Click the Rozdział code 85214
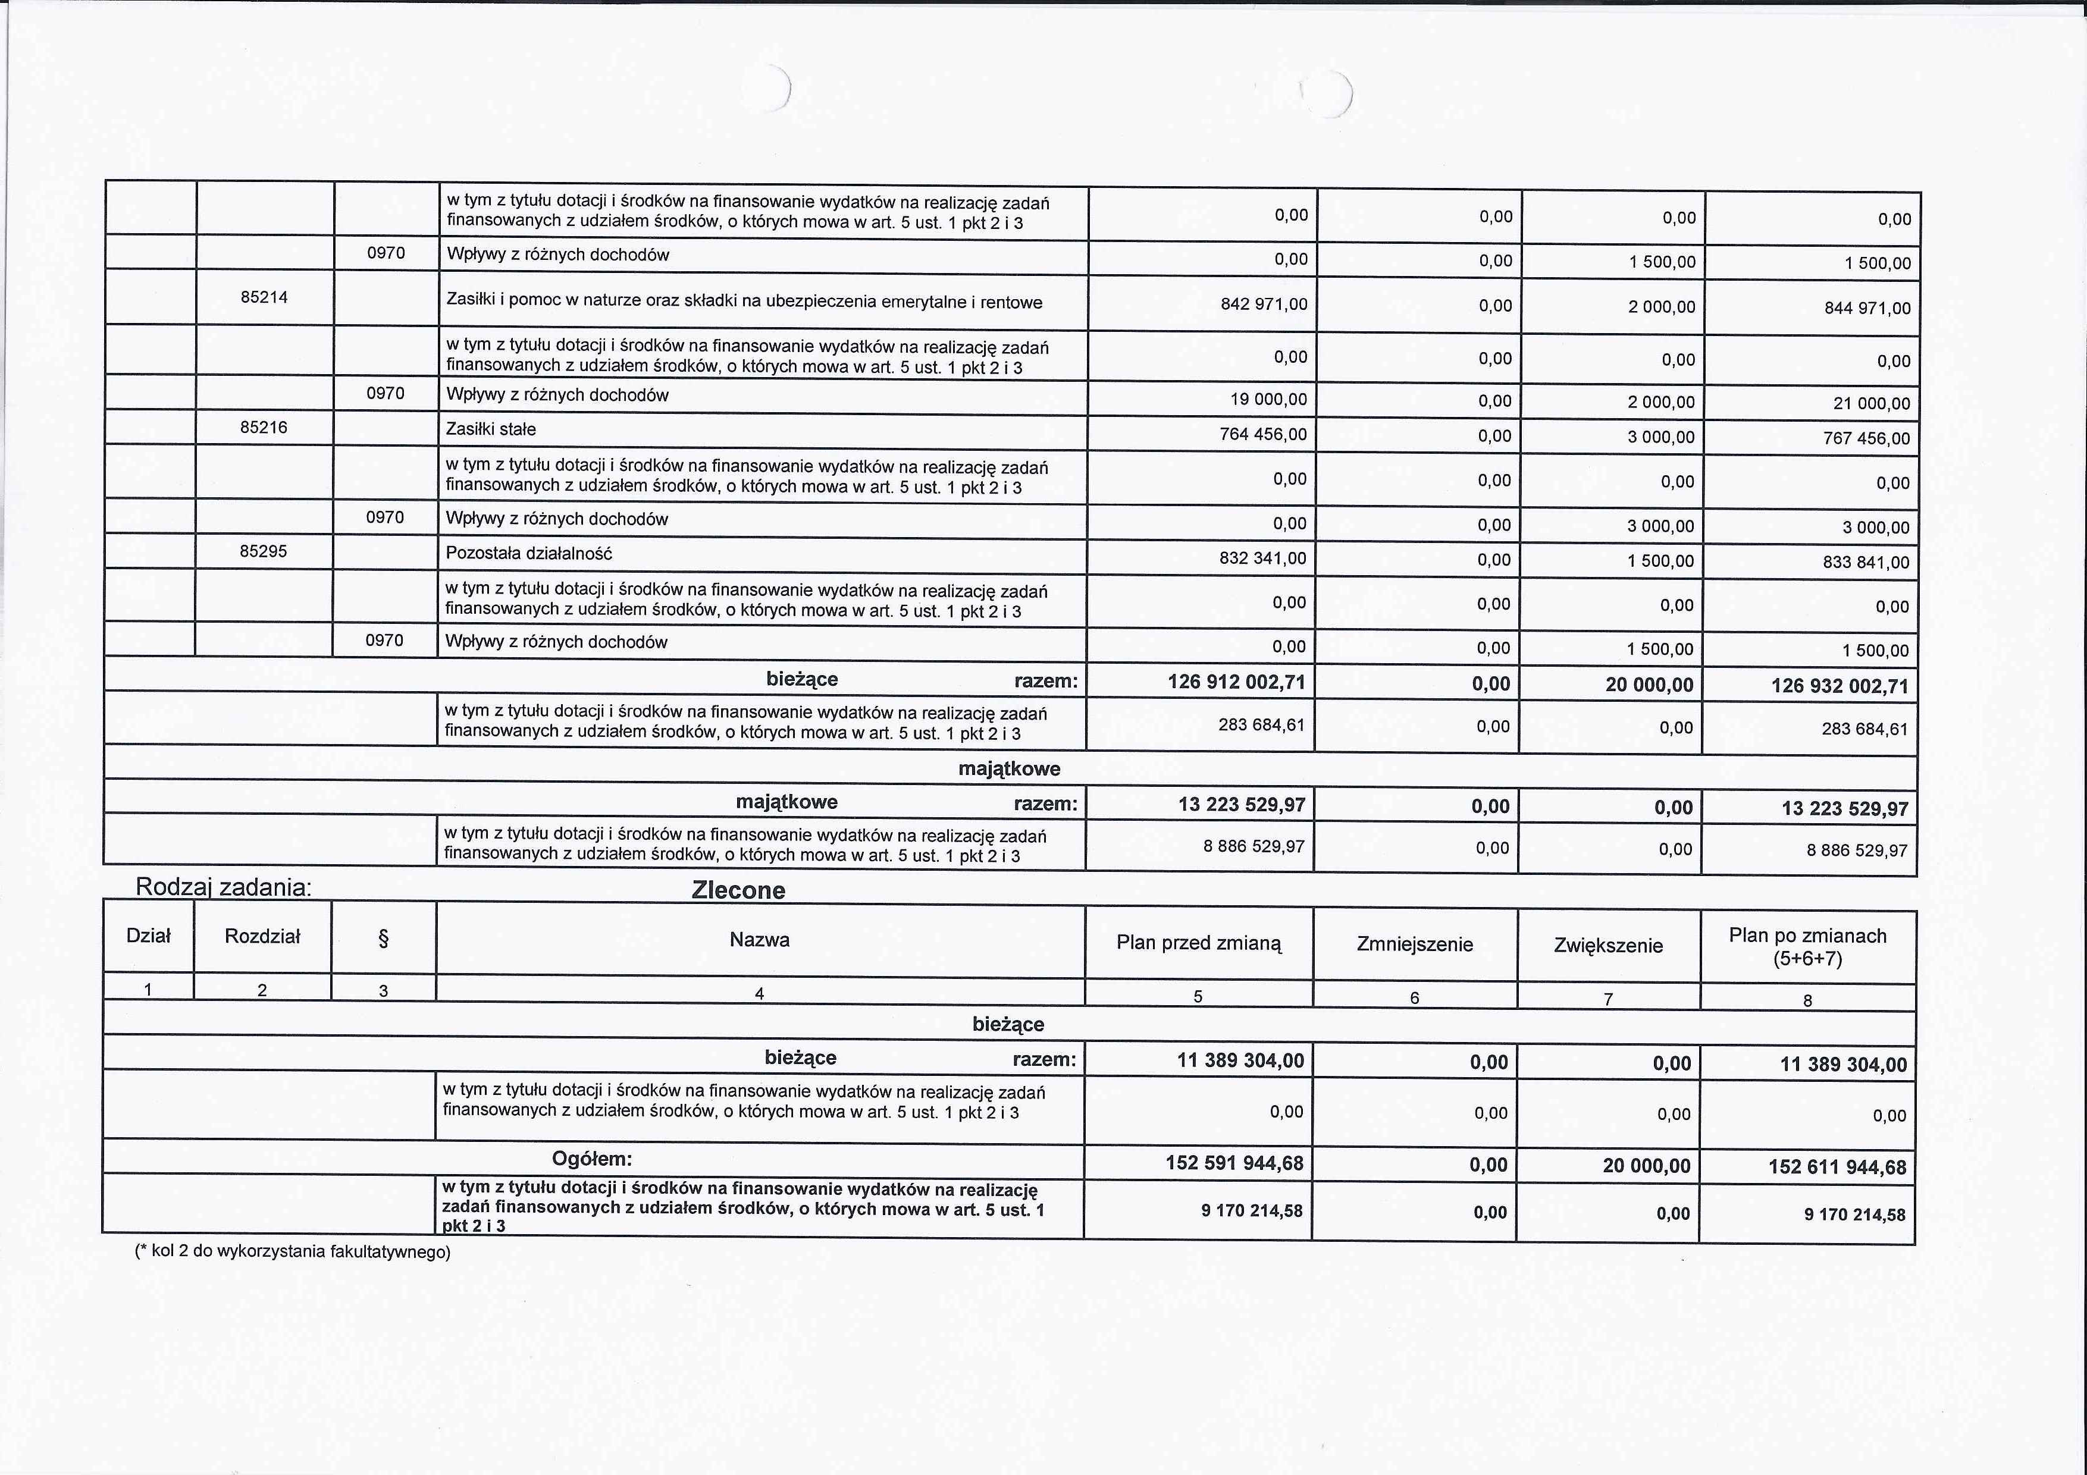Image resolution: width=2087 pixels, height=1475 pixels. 264,297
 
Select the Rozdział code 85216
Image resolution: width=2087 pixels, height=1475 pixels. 264,427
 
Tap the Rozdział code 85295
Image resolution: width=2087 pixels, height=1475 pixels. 264,551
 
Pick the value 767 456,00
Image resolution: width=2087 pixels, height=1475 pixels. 1867,438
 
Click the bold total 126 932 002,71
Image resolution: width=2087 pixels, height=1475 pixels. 1840,686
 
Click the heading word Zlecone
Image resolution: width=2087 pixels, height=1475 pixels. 738,890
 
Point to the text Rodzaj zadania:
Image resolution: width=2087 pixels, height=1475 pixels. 224,887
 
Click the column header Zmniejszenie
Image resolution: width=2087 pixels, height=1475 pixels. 1414,944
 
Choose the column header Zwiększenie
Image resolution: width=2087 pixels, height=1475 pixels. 1608,945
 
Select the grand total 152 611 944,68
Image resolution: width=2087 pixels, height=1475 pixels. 1837,1167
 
